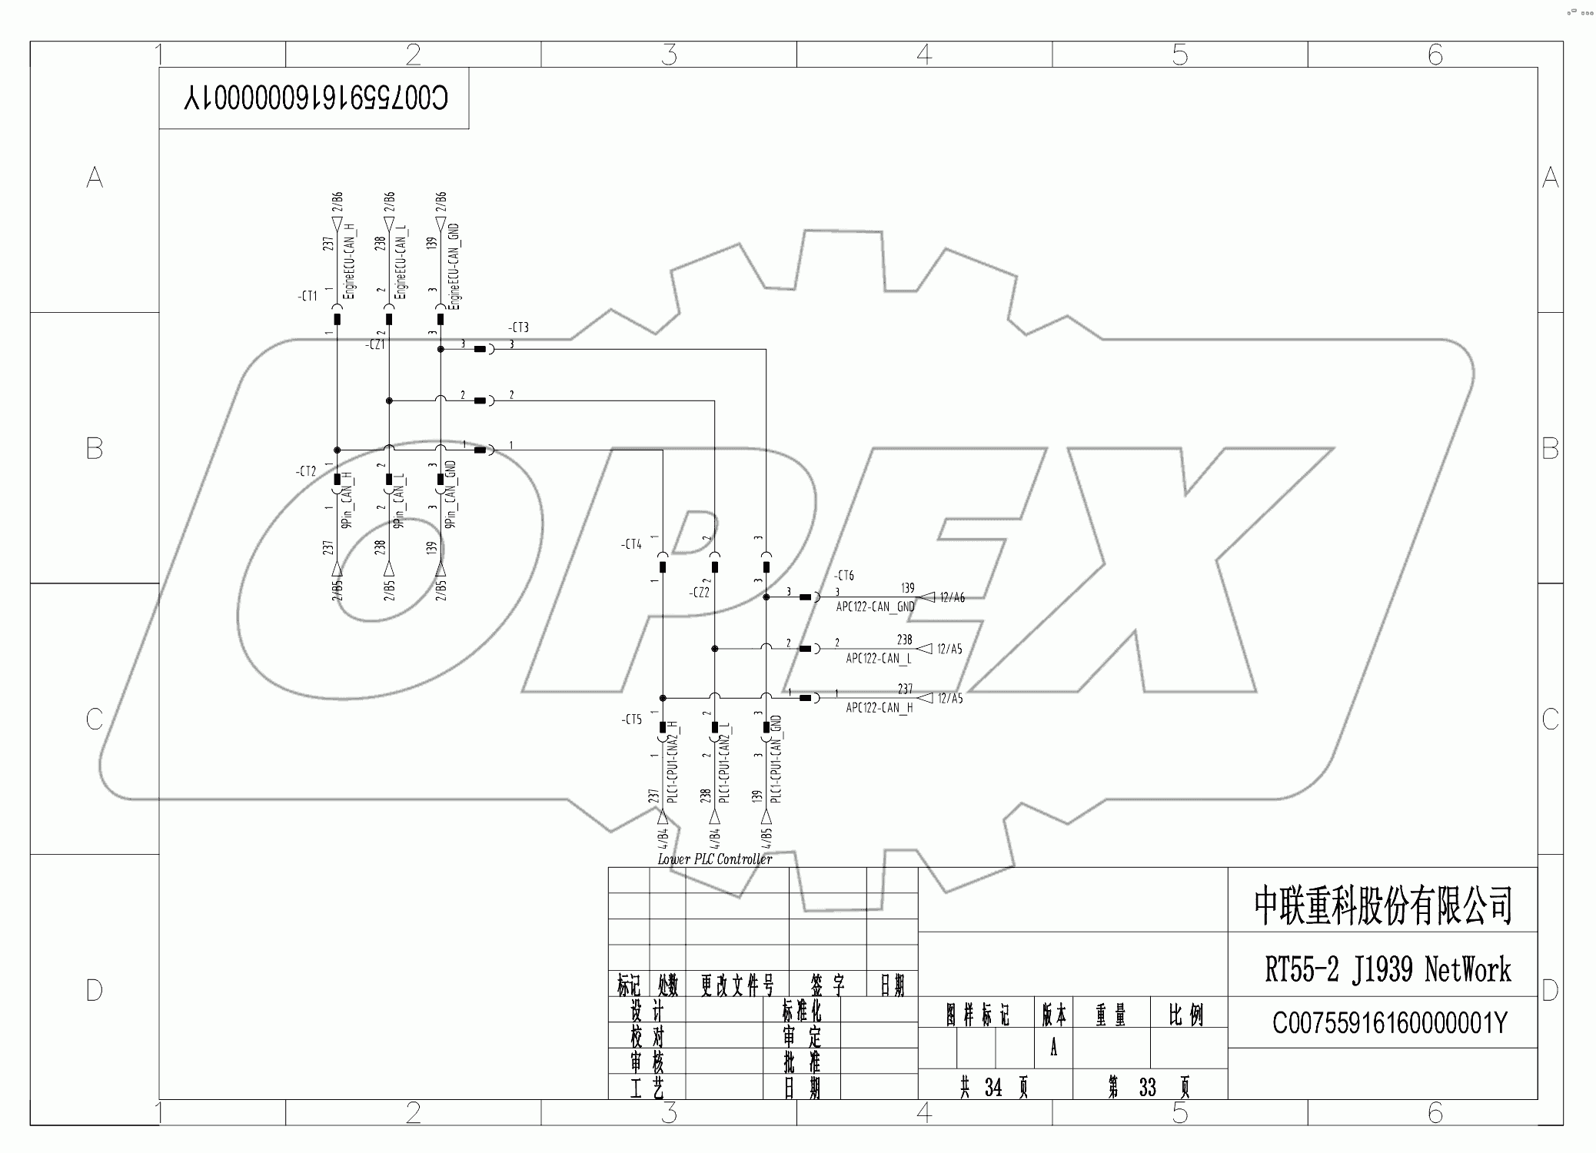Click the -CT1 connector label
[x=308, y=296]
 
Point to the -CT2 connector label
[x=306, y=471]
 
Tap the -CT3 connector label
[x=518, y=328]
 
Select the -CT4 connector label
[x=631, y=544]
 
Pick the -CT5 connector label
[x=631, y=719]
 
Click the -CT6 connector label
[x=843, y=576]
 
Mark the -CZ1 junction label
[x=374, y=345]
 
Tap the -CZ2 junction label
[x=699, y=593]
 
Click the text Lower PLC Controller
[x=714, y=859]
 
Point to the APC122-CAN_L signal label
[x=878, y=659]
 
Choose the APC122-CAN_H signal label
[x=879, y=708]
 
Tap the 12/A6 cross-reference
[x=952, y=597]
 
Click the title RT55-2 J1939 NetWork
[x=1387, y=969]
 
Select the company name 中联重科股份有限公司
[x=1383, y=905]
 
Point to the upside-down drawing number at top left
[x=315, y=98]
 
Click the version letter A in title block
[x=1053, y=1048]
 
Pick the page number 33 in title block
[x=1147, y=1088]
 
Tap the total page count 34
[x=993, y=1088]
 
